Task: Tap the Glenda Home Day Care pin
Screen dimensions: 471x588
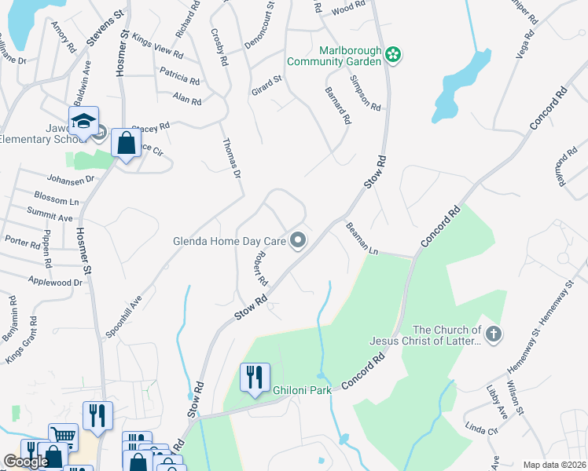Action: pos(298,241)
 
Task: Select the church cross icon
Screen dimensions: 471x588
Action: pos(493,335)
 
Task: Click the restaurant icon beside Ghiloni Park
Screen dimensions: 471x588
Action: pos(255,378)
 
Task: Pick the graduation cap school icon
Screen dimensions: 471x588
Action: pos(83,122)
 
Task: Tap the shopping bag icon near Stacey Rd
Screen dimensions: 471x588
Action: pos(127,144)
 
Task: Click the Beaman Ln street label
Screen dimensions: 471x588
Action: pos(362,238)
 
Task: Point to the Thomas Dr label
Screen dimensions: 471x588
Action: pos(230,157)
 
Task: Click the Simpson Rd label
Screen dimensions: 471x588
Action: pos(366,93)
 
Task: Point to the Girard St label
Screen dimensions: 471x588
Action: pos(266,83)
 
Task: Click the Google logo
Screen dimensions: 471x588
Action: pos(26,462)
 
